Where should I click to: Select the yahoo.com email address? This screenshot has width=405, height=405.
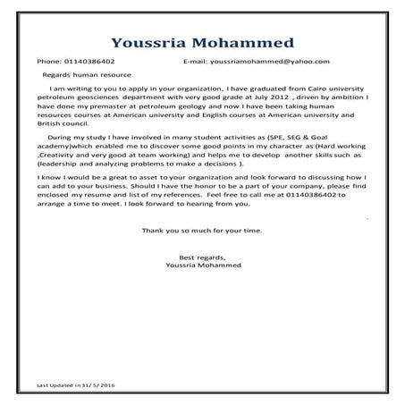[273, 62]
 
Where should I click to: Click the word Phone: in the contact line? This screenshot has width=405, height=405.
[48, 62]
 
